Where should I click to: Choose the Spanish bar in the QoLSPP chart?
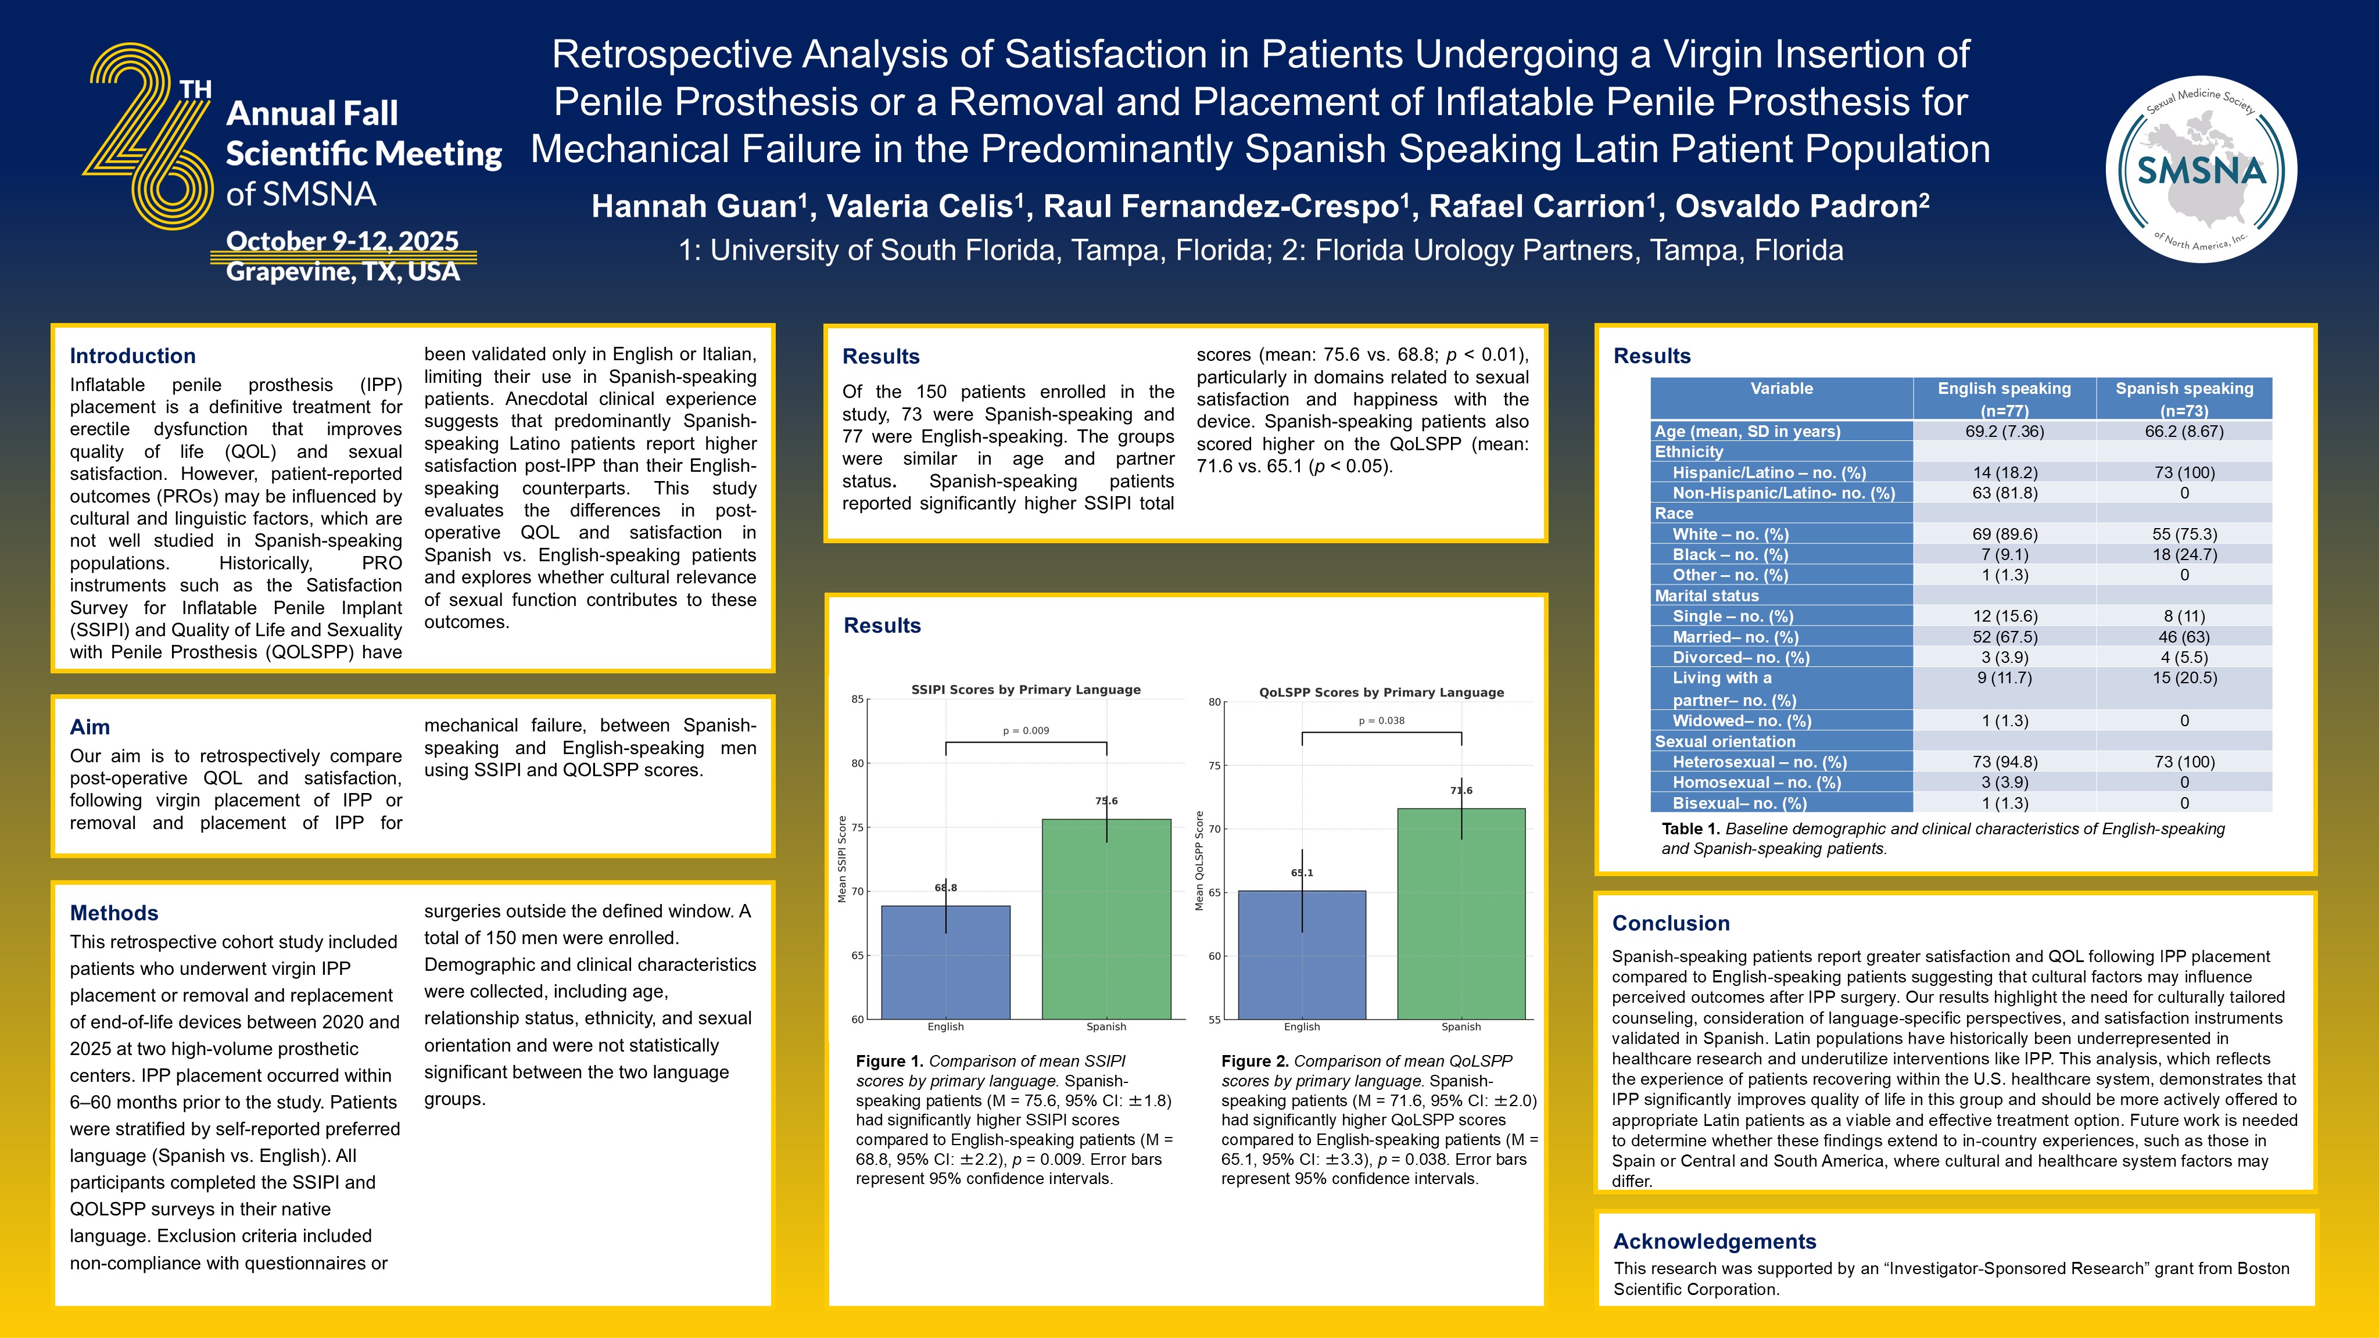click(1461, 913)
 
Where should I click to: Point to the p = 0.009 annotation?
click(1026, 730)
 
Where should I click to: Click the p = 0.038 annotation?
click(1382, 720)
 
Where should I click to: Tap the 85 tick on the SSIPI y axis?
click(858, 699)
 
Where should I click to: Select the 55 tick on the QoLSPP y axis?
click(1214, 1020)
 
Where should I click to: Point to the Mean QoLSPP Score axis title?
click(1199, 860)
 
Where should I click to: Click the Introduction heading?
click(133, 356)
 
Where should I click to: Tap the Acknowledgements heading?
click(1714, 1241)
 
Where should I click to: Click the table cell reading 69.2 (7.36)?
click(2004, 431)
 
